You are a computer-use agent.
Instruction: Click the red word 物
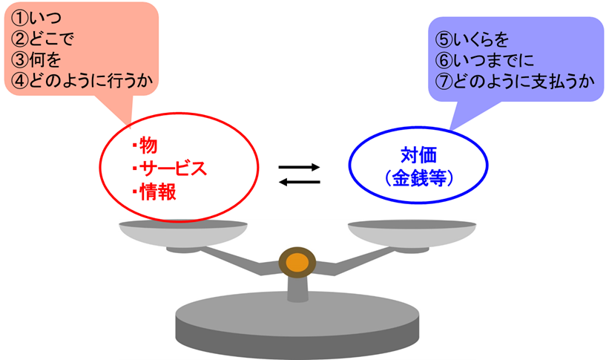[148, 144]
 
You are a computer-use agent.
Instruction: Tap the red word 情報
[158, 191]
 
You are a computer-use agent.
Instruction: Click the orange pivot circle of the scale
[297, 263]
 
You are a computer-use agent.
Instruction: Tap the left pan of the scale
[182, 233]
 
